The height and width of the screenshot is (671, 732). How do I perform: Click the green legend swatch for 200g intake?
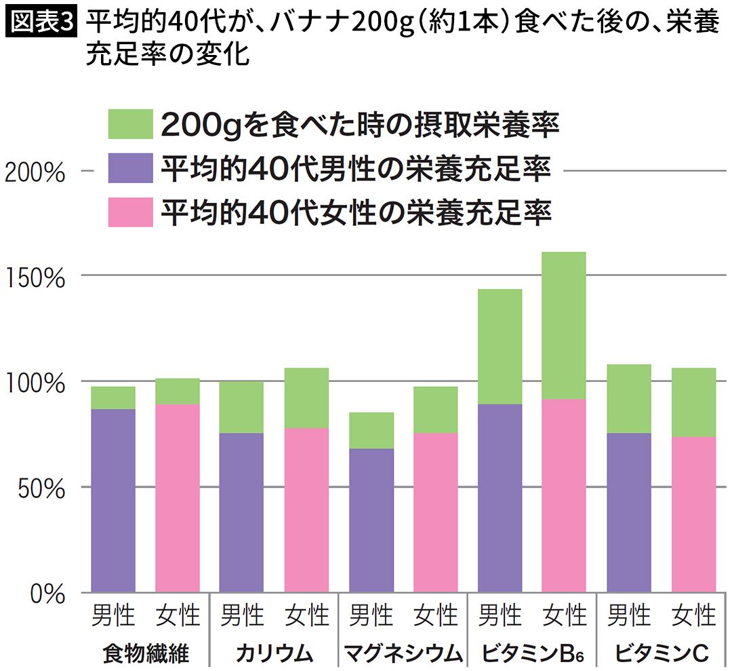[130, 126]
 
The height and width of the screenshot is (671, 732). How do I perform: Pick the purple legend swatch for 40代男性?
[130, 169]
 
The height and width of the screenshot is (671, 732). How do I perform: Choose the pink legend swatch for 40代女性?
[130, 212]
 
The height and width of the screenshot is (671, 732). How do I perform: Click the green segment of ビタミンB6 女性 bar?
[564, 326]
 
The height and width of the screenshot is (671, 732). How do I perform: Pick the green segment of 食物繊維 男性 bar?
[113, 398]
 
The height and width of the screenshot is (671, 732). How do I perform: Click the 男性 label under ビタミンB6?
[500, 616]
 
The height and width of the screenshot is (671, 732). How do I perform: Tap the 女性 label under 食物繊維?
[178, 616]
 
